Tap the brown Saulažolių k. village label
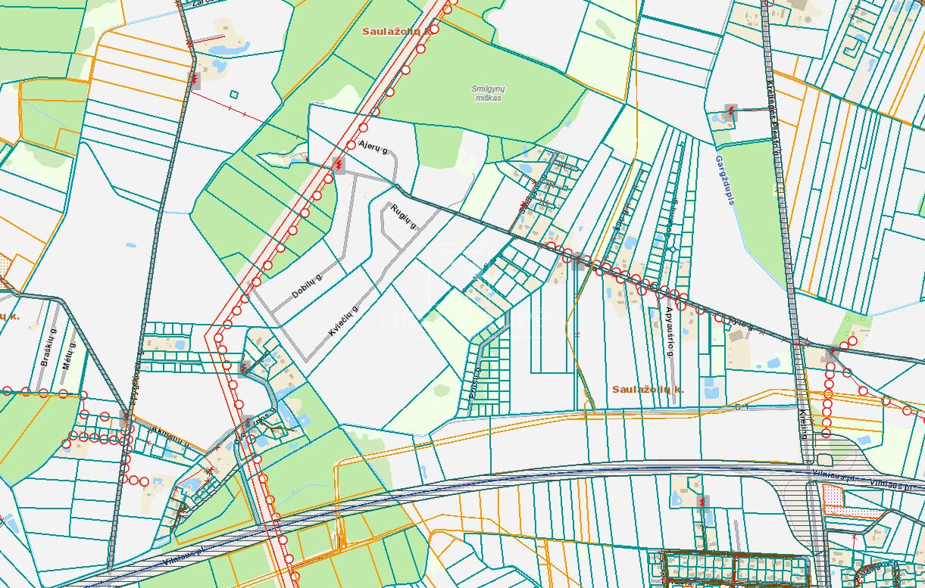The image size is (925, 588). [x=648, y=388]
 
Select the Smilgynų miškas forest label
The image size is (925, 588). [x=489, y=94]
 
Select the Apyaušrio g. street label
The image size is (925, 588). [x=670, y=334]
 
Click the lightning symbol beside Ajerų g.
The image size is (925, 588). [x=338, y=164]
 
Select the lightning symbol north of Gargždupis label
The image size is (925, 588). [x=730, y=112]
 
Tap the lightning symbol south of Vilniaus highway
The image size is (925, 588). [x=704, y=501]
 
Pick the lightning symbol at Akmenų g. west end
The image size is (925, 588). [x=126, y=415]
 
